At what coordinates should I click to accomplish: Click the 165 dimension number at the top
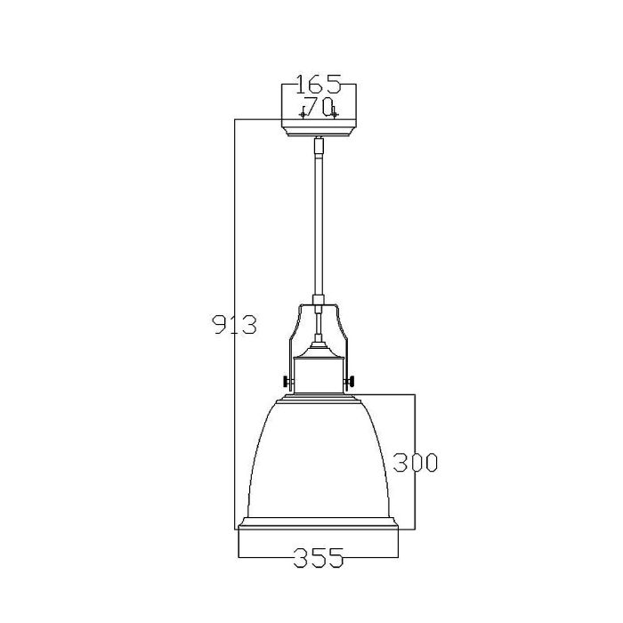pyautogui.click(x=319, y=85)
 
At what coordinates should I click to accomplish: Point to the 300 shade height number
pyautogui.click(x=417, y=463)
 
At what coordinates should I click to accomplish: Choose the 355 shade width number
pyautogui.click(x=319, y=559)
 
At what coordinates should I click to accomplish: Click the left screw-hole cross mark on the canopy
pyautogui.click(x=303, y=114)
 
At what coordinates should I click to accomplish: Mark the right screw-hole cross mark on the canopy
pyautogui.click(x=335, y=114)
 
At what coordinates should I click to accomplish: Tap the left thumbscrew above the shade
pyautogui.click(x=287, y=383)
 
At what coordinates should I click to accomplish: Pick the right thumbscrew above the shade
pyautogui.click(x=352, y=383)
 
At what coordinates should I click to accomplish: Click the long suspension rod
pyautogui.click(x=319, y=222)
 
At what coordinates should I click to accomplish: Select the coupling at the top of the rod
pyautogui.click(x=319, y=142)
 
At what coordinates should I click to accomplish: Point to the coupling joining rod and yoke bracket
pyautogui.click(x=319, y=301)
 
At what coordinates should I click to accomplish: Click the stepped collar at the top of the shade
pyautogui.click(x=319, y=399)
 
